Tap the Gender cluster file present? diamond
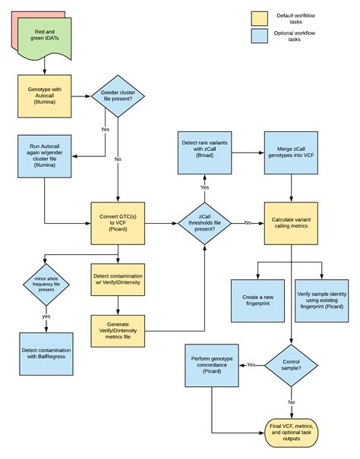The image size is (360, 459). [x=118, y=95]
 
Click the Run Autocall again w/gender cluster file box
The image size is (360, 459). [x=44, y=158]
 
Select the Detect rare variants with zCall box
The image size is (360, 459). [x=205, y=145]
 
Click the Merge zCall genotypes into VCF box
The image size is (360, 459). [x=292, y=145]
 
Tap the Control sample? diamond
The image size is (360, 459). [x=292, y=365]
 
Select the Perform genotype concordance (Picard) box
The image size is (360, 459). [x=211, y=365]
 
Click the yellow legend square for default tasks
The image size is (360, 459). [x=261, y=17]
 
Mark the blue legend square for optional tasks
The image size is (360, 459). [x=261, y=36]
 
